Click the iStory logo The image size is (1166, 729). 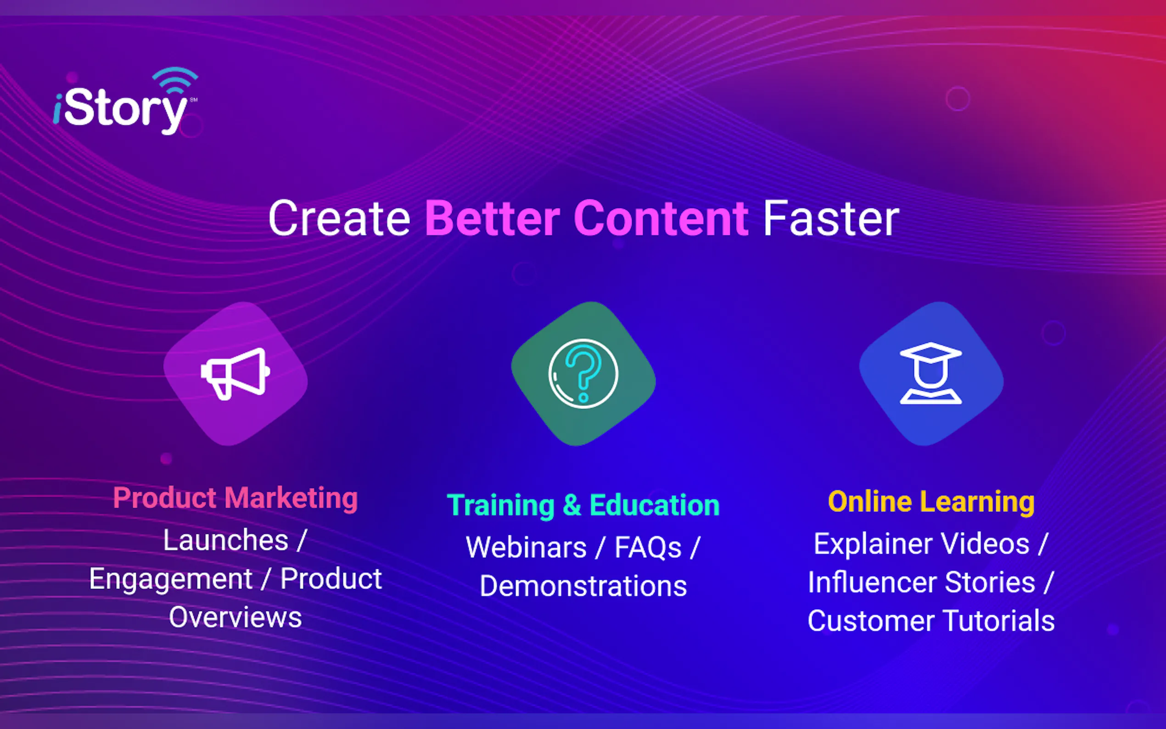point(125,101)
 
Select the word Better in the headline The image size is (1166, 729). point(492,219)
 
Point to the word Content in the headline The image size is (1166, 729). point(661,219)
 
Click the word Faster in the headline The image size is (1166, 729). point(831,219)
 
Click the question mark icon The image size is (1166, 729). point(583,374)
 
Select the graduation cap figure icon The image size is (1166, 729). point(931,373)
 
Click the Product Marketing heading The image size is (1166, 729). point(235,498)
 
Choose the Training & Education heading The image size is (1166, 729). point(583,505)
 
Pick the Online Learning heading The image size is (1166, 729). point(931,501)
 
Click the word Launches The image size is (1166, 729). point(225,540)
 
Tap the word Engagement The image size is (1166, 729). point(171,579)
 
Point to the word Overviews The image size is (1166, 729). point(235,617)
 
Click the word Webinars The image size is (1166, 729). point(526,548)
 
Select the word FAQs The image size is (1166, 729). point(648,548)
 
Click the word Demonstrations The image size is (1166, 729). point(583,586)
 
